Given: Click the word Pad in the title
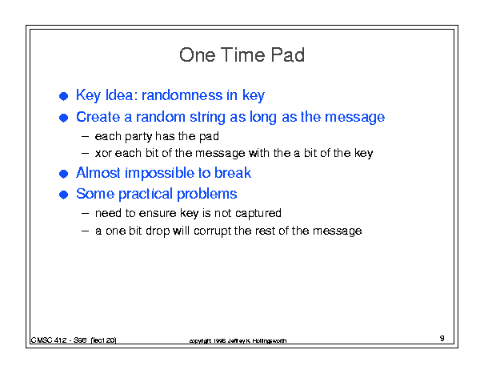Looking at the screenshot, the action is point(288,55).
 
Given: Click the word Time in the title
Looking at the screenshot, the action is point(243,55).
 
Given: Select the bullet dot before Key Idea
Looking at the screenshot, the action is point(63,96).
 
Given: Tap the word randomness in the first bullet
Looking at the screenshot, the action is point(182,95).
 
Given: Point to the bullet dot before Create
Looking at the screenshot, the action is point(63,118).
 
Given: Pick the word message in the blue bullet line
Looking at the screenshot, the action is point(355,118).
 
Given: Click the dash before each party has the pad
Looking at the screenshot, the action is point(85,137).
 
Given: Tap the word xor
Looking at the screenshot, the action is point(103,153).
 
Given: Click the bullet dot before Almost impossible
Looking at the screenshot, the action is point(63,174).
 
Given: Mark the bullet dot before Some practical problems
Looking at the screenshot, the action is point(63,195).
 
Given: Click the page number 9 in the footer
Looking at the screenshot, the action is point(442,339).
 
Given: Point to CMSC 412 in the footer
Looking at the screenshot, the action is point(49,340).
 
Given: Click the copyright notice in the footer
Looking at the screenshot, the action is point(238,341).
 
